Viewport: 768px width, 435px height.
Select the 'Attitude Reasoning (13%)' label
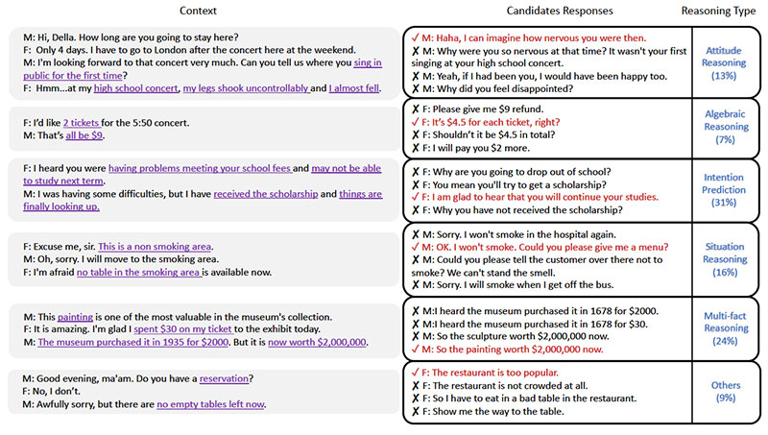pos(726,61)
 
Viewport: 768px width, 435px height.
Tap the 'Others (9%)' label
pos(726,392)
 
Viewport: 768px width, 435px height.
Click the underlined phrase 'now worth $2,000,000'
pos(317,341)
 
